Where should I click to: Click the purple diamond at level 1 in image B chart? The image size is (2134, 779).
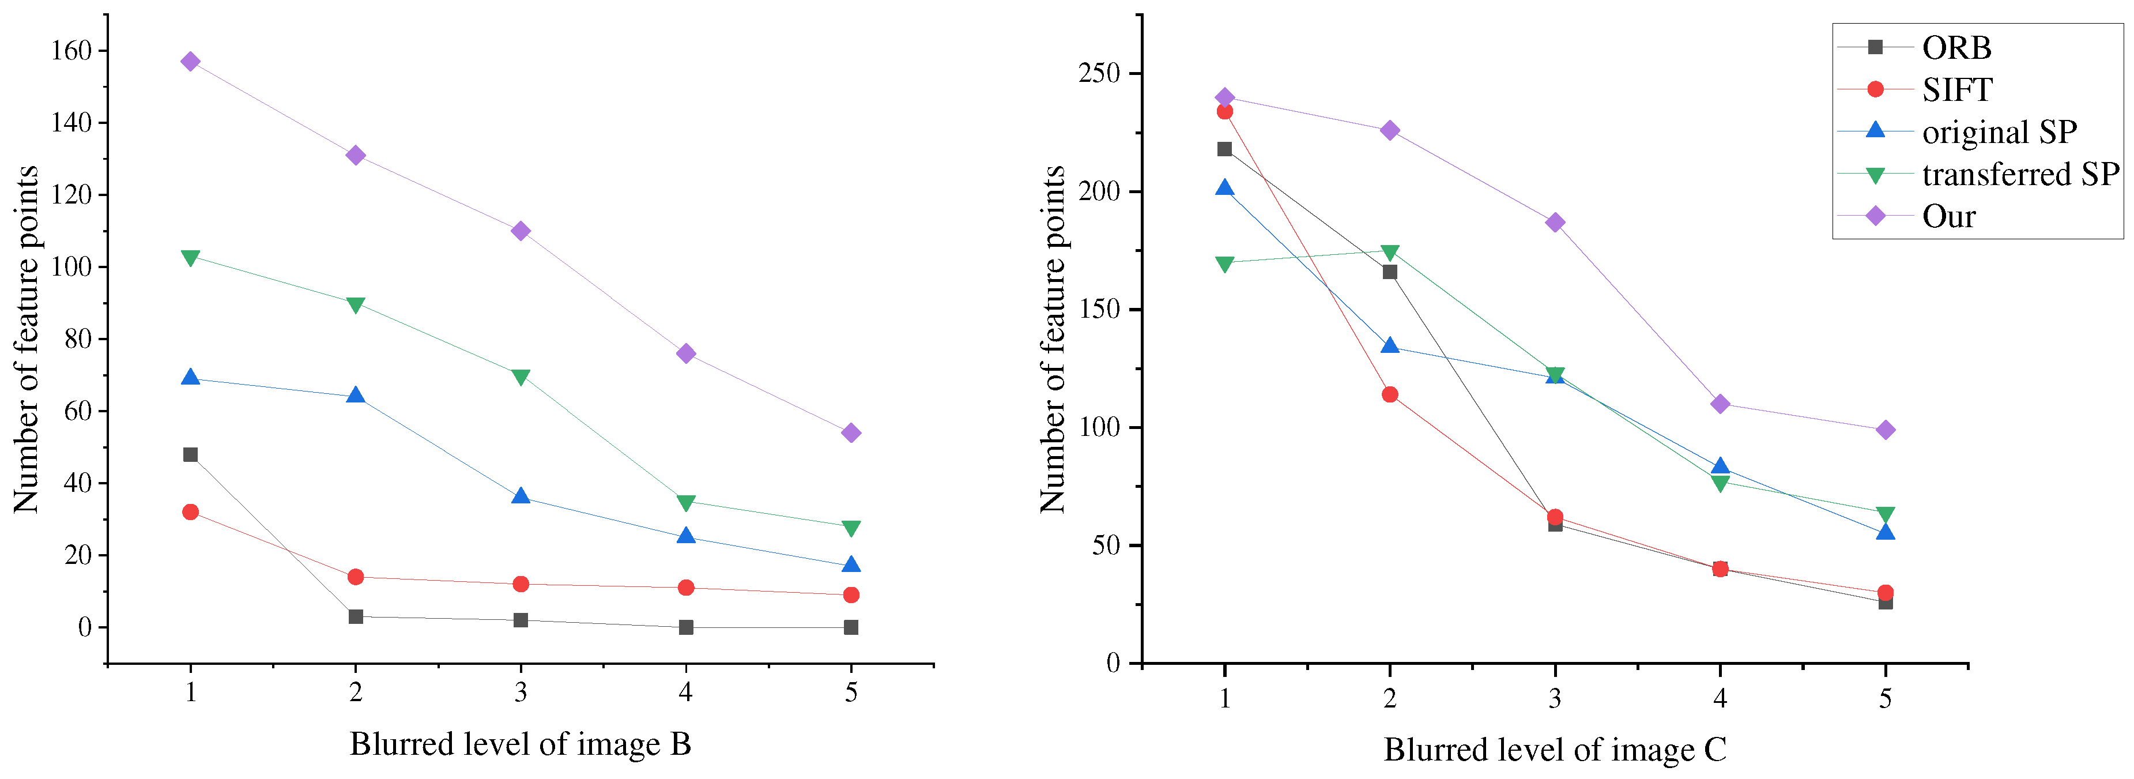coord(191,61)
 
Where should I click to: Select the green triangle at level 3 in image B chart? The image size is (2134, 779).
coord(521,377)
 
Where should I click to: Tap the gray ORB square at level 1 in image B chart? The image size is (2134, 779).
coord(191,454)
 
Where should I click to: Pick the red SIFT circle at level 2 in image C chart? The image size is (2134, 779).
coord(1389,394)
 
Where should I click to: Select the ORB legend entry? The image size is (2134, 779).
coord(1956,48)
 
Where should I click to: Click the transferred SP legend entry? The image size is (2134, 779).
coord(2020,175)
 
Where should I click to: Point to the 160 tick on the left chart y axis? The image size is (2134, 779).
coord(71,51)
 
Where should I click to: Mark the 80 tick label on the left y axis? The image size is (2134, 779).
coord(78,339)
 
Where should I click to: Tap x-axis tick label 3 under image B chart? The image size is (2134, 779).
coord(521,692)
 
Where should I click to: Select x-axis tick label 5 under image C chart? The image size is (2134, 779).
coord(1884,699)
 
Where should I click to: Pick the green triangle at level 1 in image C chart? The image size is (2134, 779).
coord(1224,264)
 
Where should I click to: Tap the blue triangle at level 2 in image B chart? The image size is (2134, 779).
coord(356,396)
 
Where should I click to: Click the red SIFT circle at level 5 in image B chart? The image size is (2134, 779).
coord(851,595)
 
